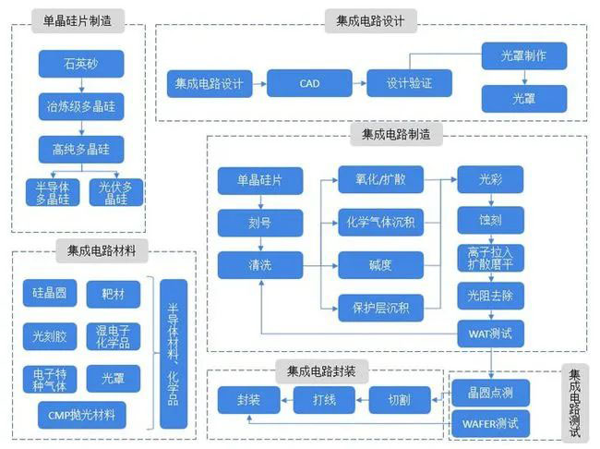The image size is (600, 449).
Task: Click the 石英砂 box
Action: [x=80, y=65]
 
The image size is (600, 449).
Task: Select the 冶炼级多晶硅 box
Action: [x=80, y=106]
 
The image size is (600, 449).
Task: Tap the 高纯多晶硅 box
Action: [x=80, y=148]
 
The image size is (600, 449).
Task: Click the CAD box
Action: [x=309, y=84]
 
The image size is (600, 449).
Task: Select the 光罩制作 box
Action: [x=523, y=56]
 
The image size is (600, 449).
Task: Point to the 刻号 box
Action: [x=260, y=223]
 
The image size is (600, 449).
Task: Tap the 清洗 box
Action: [x=260, y=265]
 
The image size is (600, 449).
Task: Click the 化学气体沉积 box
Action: [x=379, y=223]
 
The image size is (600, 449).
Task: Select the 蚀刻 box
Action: [x=490, y=220]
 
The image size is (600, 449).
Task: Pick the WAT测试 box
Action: [x=490, y=330]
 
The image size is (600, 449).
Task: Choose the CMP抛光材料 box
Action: [x=74, y=415]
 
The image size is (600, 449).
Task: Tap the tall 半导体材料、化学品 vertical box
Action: [x=173, y=354]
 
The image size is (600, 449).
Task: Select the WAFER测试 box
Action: [x=490, y=425]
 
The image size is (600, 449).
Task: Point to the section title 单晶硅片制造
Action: [x=78, y=20]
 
